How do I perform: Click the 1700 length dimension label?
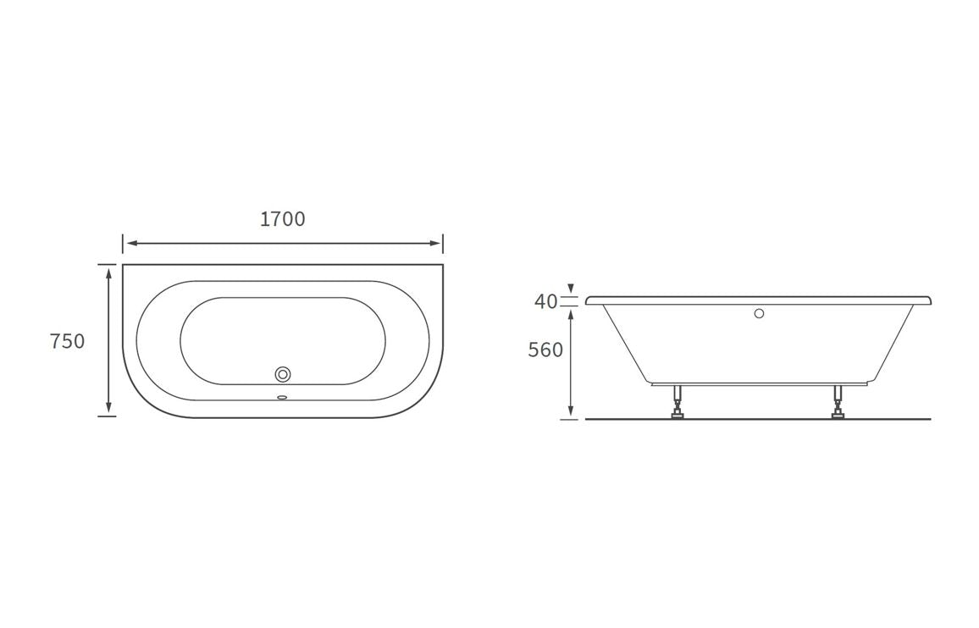[x=282, y=219]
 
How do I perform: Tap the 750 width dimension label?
[x=68, y=342]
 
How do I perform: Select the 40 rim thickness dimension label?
[x=546, y=301]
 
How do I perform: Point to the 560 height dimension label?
[x=545, y=350]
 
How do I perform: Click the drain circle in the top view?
[x=283, y=374]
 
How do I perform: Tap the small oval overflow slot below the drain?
[x=283, y=396]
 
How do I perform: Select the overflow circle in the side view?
[x=759, y=314]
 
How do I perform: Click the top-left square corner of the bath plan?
[x=124, y=265]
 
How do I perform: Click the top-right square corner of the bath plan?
[x=442, y=265]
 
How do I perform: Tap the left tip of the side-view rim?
[x=587, y=300]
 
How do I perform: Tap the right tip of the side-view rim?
[x=931, y=300]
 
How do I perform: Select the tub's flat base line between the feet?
[x=758, y=383]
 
